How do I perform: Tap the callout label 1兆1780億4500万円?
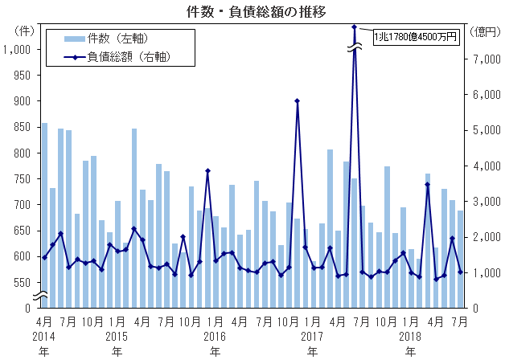416,35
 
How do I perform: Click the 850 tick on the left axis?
22,127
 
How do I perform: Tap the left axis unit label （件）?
24,31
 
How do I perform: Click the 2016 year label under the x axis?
215,335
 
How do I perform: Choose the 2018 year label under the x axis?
411,335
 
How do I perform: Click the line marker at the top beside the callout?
354,27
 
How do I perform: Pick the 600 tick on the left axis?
22,256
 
